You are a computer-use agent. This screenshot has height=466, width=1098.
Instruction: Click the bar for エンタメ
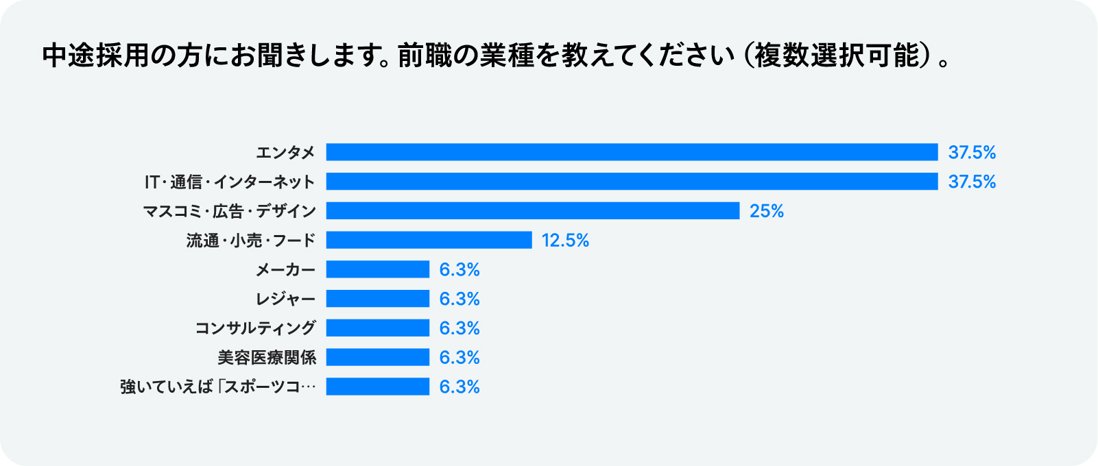632,152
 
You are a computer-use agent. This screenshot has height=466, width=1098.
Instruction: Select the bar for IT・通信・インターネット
632,182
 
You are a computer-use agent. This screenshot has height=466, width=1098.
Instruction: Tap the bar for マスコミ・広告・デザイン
533,211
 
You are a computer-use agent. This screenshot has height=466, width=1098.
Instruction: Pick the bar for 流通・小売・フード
429,240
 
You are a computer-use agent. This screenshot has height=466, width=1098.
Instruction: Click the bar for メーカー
378,269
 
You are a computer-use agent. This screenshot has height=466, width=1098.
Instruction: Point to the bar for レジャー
378,299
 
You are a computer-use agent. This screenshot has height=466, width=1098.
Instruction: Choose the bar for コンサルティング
378,328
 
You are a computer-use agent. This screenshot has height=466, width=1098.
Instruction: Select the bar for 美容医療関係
378,357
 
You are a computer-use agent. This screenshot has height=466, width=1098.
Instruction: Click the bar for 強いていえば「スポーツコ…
378,387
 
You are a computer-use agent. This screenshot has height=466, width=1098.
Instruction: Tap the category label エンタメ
285,152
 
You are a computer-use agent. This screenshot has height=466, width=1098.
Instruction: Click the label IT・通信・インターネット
230,182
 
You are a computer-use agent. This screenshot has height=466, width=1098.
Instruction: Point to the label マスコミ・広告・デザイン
230,211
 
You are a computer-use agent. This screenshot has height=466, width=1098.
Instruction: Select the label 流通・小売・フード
251,240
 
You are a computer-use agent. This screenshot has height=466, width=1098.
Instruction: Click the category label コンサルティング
255,328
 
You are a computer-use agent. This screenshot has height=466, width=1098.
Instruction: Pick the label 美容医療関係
267,357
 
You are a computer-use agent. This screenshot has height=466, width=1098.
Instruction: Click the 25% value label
767,211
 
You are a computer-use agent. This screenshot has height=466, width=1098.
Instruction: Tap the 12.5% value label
565,240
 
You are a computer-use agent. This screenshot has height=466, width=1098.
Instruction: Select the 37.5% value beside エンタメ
972,152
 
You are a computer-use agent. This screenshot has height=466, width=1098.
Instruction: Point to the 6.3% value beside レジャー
460,299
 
